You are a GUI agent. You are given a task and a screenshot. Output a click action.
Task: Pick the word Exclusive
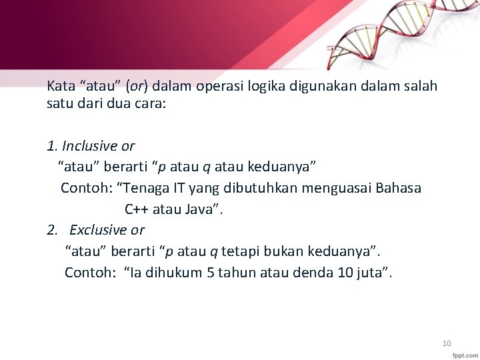[x=98, y=230]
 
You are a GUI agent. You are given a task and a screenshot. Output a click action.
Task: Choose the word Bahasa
[x=399, y=188]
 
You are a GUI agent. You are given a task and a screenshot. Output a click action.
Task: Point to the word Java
[x=203, y=209]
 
